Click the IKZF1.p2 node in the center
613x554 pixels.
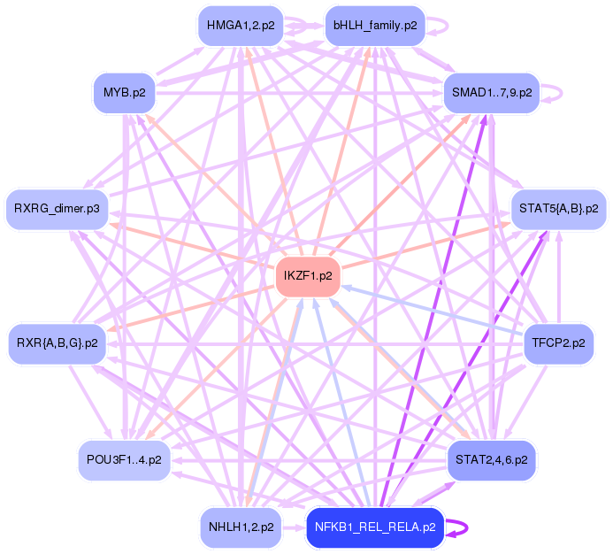(308, 276)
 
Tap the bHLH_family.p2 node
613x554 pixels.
(375, 26)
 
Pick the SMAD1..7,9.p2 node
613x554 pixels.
(491, 92)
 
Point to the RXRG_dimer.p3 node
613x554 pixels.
(57, 210)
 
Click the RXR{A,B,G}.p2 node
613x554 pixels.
(57, 342)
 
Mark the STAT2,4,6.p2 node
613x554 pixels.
(494, 460)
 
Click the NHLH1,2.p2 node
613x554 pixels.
(241, 527)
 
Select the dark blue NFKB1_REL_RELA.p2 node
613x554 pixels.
(374, 527)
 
